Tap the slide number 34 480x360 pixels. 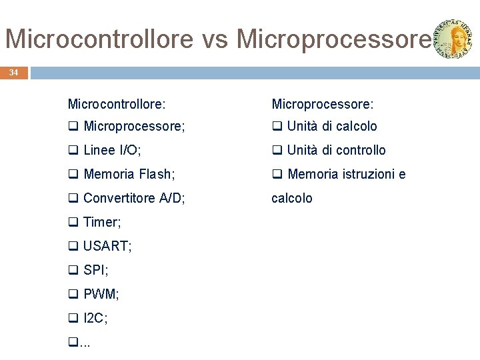(x=14, y=72)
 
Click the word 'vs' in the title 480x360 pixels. (x=215, y=39)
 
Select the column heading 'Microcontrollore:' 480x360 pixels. (x=117, y=104)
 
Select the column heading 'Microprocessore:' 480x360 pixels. (x=323, y=104)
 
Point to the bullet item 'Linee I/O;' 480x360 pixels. (x=112, y=150)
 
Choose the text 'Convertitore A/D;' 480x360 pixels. (x=134, y=198)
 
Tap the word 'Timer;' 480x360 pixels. (x=102, y=222)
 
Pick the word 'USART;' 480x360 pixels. (x=107, y=246)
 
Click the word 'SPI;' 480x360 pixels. (x=96, y=270)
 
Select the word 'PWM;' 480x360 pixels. (x=101, y=294)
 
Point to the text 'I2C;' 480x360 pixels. (x=95, y=318)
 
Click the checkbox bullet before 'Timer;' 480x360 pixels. (x=73, y=223)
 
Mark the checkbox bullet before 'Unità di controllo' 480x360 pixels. (x=277, y=151)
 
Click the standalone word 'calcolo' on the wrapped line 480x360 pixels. (x=292, y=198)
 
